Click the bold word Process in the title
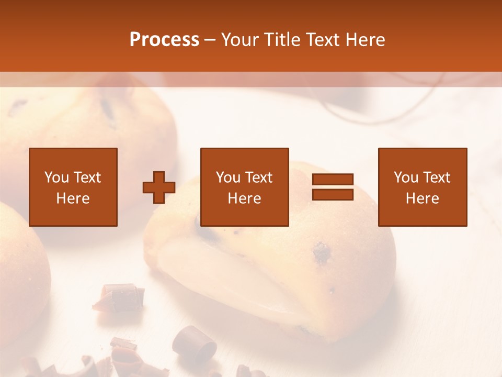coord(164,40)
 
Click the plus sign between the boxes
coord(159,187)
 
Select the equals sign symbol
coord(333,187)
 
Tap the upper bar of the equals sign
coord(333,180)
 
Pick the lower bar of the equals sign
coord(333,194)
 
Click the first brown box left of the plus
coord(73,187)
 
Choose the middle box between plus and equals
coord(245,187)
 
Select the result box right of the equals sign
coord(423,187)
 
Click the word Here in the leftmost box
coord(73,198)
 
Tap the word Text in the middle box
coord(259,178)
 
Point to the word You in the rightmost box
coord(406,178)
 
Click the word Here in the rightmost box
coord(423,198)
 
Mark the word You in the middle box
coord(228,178)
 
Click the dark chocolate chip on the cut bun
coord(322,254)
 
